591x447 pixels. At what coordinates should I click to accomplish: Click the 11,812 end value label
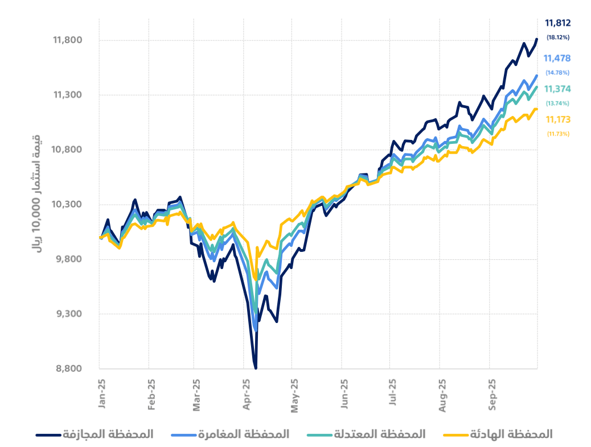[557, 23]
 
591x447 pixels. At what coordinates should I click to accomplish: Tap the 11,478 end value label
[557, 59]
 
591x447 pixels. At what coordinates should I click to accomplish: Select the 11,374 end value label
[557, 89]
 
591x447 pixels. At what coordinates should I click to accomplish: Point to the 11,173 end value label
[558, 119]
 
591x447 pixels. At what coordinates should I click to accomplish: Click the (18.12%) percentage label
[558, 38]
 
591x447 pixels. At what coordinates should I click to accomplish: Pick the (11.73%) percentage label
[558, 134]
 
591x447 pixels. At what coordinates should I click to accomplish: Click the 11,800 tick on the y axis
[68, 40]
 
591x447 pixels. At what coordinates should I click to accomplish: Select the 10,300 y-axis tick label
[68, 205]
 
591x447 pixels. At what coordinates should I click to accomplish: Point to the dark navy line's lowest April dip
[256, 367]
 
